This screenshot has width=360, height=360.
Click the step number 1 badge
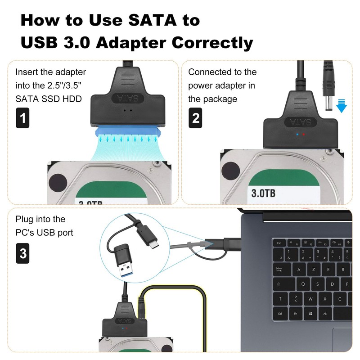[x=22, y=118]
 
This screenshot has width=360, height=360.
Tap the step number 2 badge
[x=195, y=118]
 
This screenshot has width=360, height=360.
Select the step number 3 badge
[x=22, y=253]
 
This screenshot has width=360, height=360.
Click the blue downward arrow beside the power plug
[x=342, y=106]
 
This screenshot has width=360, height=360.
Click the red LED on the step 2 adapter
[x=303, y=134]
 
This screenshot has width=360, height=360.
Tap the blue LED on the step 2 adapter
[x=297, y=134]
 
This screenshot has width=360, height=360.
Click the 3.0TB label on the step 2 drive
[x=263, y=193]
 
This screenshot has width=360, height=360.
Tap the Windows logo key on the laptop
[x=310, y=313]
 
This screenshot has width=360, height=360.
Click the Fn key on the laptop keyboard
[x=296, y=313]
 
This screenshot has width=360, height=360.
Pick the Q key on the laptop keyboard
[x=303, y=284]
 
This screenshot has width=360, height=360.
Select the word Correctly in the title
[x=212, y=43]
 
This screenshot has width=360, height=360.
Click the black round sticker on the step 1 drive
[x=58, y=184]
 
